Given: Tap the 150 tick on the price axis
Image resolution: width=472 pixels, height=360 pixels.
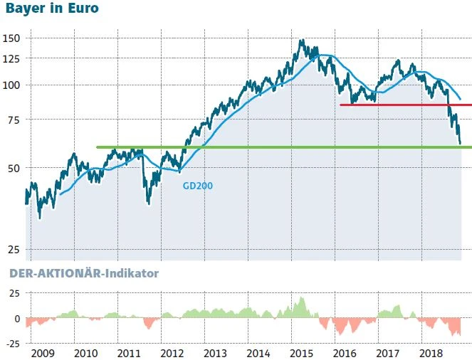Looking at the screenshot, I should point(13,38).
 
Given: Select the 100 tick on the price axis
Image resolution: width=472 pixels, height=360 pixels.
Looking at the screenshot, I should point(13,85).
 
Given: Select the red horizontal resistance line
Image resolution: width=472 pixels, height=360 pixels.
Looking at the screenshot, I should point(405,105).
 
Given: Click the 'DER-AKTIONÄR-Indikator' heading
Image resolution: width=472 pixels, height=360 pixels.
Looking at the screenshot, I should point(83,272).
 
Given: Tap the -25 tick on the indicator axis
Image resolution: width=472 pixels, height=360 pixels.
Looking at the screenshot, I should point(12,344).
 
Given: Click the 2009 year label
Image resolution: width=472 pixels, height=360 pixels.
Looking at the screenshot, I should point(44,353).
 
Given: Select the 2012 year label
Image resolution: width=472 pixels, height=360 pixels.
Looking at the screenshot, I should point(172,353).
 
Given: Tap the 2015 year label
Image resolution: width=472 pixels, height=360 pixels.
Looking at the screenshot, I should point(301,353).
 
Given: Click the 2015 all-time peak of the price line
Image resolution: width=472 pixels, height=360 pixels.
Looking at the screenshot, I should point(302,40).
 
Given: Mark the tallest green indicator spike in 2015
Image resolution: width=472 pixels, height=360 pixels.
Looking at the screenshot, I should point(302,297).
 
